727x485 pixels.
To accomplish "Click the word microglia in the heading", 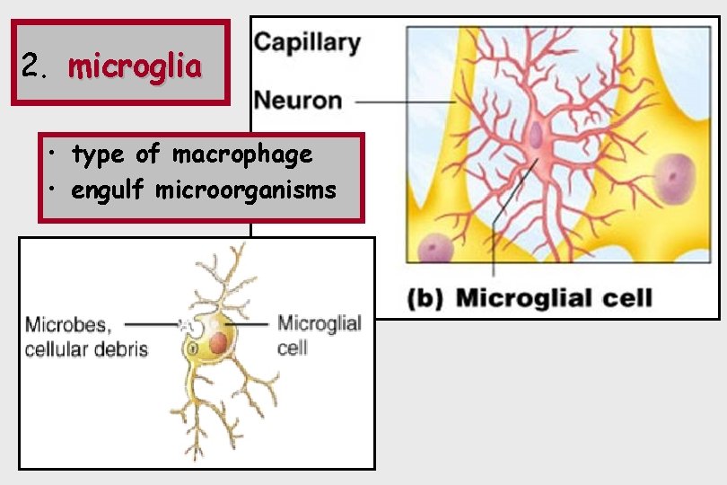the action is pos(135,66).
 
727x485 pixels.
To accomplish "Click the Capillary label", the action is pos(306,42).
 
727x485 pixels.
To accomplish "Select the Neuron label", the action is pos(298,99).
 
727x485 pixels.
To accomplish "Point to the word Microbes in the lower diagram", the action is pos(68,324).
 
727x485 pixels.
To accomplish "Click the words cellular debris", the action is pos(86,348).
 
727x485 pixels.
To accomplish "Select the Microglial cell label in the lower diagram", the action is pos(319,333).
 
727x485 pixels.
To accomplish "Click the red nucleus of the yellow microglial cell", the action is pos(219,342).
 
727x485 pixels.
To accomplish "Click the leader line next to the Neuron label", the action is pos(404,101).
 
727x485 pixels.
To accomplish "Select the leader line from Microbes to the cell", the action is pos(153,322).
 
